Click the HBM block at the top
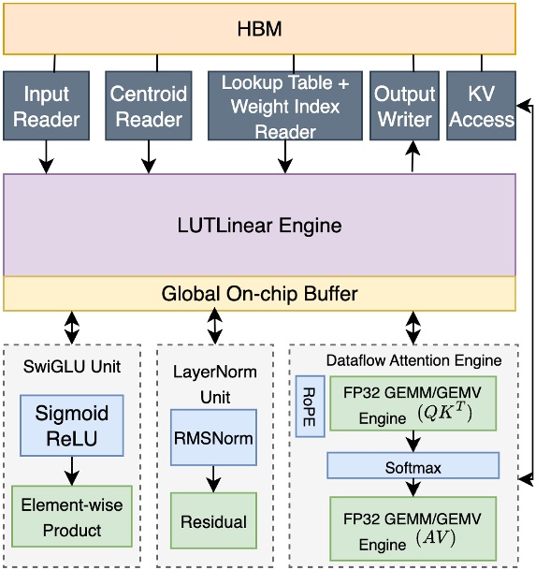pos(259,29)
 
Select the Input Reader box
pos(47,106)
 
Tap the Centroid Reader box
pos(149,106)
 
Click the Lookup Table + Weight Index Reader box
pos(284,106)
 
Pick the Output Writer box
pos(404,106)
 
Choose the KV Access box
pos(481,106)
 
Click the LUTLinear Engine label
pos(259,226)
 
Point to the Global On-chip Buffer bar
pos(259,294)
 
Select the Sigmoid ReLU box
pos(72,425)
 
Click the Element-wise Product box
pos(72,517)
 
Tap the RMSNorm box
pos(213,437)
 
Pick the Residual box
pos(213,521)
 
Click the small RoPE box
pos(310,406)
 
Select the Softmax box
pos(412,465)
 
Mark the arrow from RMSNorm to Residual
pos(213,478)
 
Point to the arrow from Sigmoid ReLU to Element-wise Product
pos(72,470)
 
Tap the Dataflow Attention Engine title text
pos(413,359)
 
